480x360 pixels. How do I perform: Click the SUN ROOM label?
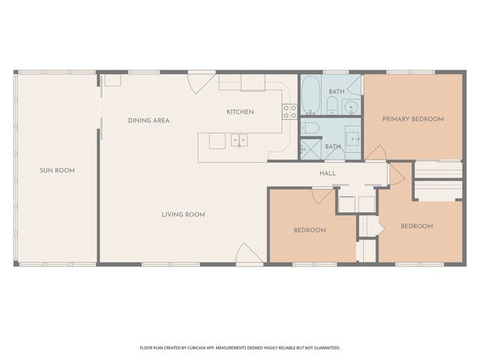57,170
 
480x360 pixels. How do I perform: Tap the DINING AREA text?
148,120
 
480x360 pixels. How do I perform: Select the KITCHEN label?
240,112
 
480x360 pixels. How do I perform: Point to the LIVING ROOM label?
183,214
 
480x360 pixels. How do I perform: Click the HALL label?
328,173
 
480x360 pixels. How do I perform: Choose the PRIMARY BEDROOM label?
412,118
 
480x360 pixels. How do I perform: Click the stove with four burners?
289,112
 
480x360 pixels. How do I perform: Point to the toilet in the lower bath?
311,127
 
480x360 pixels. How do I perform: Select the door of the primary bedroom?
373,154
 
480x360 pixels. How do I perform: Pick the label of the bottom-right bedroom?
416,226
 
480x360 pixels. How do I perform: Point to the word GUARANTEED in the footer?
325,348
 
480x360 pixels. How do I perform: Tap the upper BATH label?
336,91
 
